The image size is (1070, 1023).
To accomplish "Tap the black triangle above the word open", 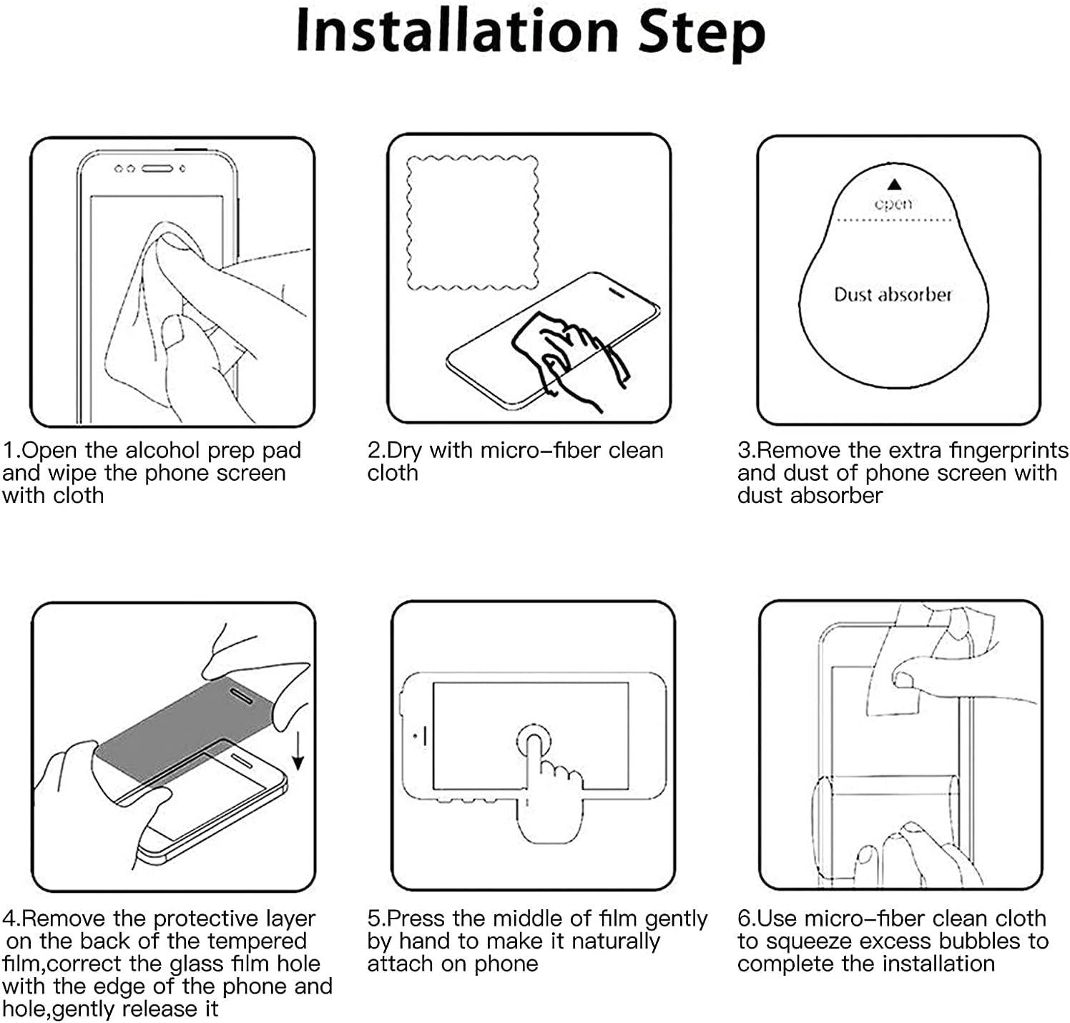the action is click(893, 185).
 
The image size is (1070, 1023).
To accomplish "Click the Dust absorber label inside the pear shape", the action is click(893, 294).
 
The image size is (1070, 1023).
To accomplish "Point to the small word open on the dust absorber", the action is click(893, 204).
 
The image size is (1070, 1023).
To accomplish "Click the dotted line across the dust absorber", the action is click(894, 220).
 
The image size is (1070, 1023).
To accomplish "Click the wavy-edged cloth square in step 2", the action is click(472, 222).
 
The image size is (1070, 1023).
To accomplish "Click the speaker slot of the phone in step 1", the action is click(157, 169).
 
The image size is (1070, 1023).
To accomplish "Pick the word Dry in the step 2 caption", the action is click(404, 451).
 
